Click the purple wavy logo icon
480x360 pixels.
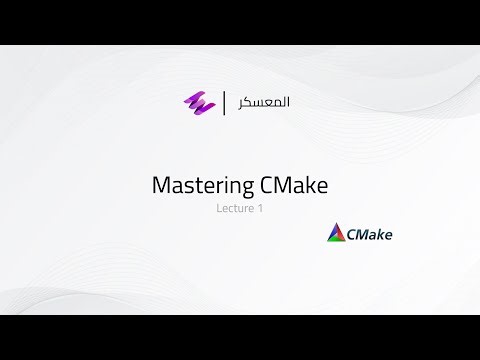[194, 102]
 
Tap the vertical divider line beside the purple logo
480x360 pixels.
[223, 102]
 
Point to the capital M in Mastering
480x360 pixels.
[160, 185]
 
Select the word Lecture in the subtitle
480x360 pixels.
[232, 209]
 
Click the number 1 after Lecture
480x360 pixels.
[259, 209]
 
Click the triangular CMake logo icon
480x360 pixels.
[337, 235]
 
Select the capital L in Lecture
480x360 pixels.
[219, 209]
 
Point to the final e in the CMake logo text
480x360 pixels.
[387, 237]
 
